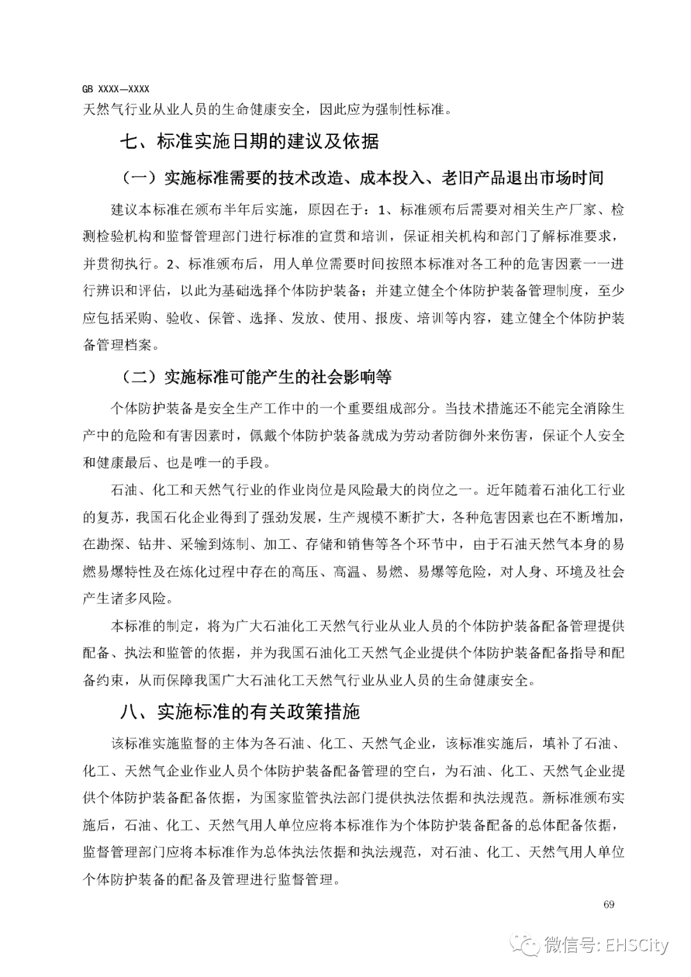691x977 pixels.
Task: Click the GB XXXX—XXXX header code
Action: (116, 90)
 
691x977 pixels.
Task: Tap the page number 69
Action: (608, 904)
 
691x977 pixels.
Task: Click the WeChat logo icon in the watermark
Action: (528, 944)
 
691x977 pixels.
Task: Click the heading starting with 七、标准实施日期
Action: (250, 141)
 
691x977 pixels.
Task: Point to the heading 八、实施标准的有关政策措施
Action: (241, 711)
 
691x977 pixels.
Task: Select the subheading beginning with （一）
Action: (362, 177)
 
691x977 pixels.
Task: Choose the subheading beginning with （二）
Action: (256, 377)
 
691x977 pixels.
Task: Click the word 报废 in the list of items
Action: (388, 318)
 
